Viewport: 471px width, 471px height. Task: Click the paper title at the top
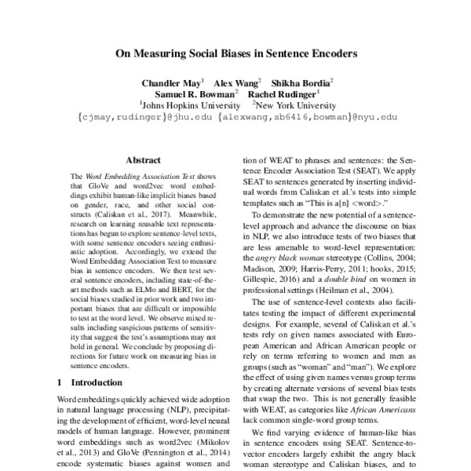(235, 55)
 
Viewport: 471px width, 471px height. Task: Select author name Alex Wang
(239, 82)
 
